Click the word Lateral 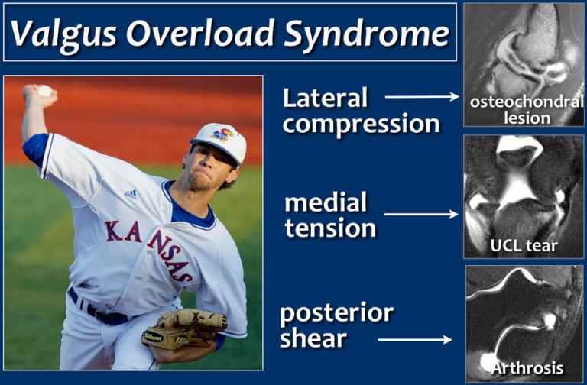click(x=325, y=98)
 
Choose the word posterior click(x=336, y=313)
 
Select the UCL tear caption click(x=525, y=246)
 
